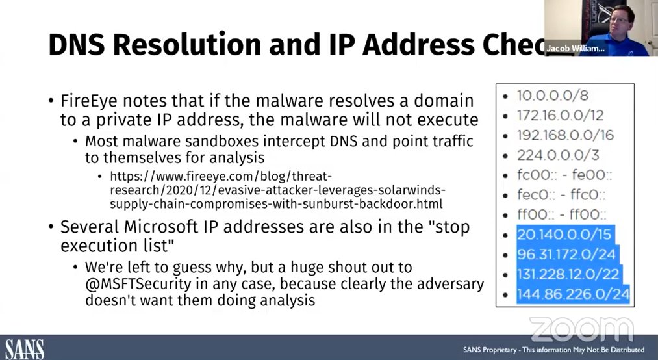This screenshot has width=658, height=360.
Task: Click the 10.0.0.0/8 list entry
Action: [x=552, y=96]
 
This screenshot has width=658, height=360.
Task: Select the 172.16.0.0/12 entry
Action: [x=560, y=115]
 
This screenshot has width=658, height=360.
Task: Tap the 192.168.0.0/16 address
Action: [x=565, y=135]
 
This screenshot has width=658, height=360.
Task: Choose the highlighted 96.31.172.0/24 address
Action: [x=566, y=254]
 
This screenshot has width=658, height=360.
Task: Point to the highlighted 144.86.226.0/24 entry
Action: [x=573, y=294]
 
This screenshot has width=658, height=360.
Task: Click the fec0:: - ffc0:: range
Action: [x=561, y=194]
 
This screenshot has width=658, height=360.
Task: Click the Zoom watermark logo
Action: [x=581, y=329]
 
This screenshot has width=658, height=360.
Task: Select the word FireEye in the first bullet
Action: [x=87, y=101]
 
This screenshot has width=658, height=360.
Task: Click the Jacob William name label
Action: [x=574, y=48]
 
